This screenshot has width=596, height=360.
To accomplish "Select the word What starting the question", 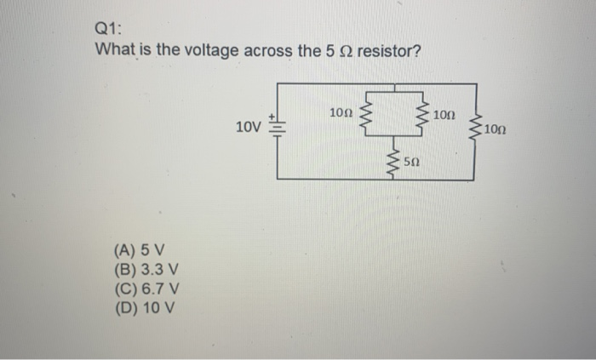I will [115, 51].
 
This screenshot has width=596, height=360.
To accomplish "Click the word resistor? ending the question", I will [389, 51].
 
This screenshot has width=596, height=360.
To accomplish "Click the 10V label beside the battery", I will [249, 129].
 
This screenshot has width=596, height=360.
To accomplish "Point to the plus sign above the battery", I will [272, 114].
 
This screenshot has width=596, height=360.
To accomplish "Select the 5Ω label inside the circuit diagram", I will [411, 160].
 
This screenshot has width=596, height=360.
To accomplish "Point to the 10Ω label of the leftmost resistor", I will [341, 112].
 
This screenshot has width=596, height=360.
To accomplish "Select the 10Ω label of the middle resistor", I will [444, 114].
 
